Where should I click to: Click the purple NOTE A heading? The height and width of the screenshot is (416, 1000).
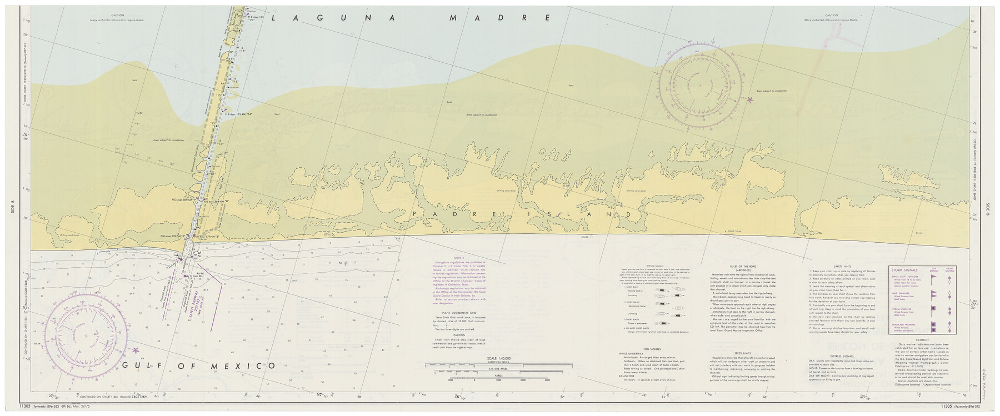pos(458,258)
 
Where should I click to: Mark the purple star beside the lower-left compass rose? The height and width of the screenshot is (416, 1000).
pos(137,350)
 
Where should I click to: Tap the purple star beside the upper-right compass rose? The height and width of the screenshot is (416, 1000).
pos(751,100)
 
